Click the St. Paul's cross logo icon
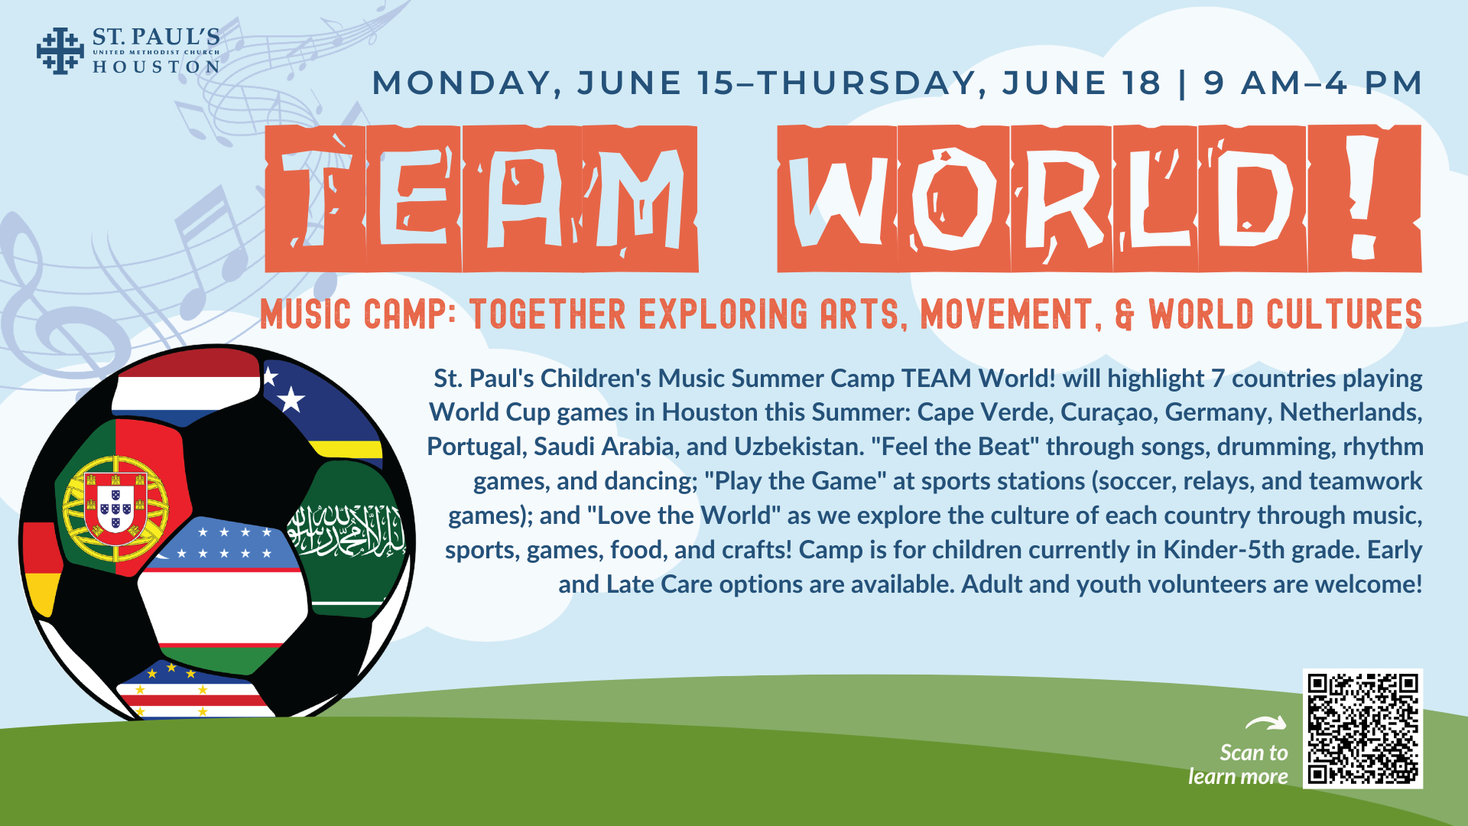coord(60,50)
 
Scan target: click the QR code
coord(1362,729)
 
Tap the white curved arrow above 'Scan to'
coord(1266,723)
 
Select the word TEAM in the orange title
coord(482,199)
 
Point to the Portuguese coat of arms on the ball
coord(115,506)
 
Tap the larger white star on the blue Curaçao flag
coord(291,398)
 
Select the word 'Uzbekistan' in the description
coord(799,447)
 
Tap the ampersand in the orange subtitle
coord(1125,314)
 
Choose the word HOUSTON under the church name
coord(156,67)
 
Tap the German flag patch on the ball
coord(42,566)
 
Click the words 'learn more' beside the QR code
coord(1238,777)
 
